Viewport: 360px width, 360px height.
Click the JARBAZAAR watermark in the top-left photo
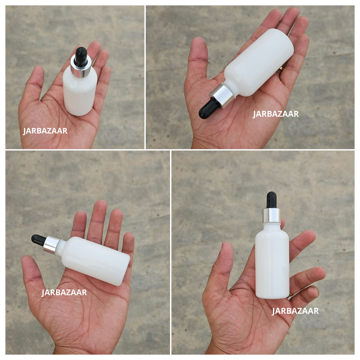point(45,131)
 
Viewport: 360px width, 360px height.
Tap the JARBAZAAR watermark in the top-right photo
point(276,114)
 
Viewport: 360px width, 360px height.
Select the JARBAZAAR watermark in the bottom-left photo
point(64,292)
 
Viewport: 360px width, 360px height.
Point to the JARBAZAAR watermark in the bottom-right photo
point(295,311)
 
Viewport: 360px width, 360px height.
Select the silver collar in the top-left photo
point(81,67)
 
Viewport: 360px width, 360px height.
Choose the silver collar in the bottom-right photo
point(272,215)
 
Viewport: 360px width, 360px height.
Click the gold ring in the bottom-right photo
point(291,295)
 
